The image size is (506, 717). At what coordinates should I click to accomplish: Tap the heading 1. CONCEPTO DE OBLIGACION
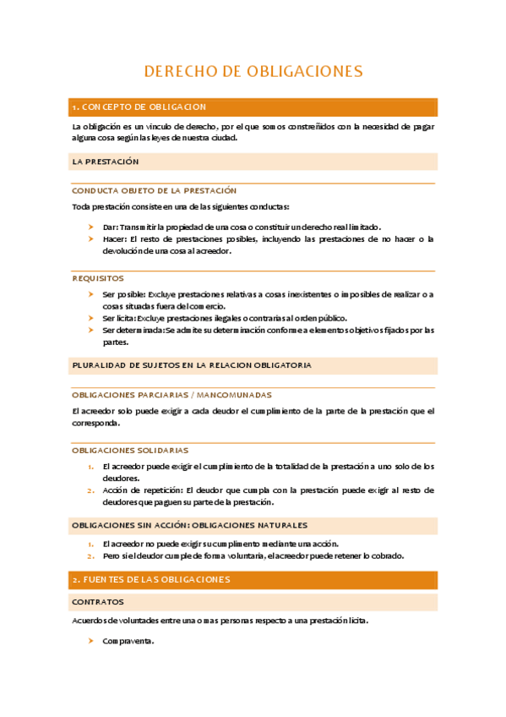(x=139, y=107)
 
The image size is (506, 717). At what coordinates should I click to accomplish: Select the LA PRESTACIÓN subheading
(x=106, y=161)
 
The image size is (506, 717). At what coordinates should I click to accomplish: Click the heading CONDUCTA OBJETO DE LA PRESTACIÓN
(x=154, y=191)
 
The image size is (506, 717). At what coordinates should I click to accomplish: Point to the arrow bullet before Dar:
(x=90, y=227)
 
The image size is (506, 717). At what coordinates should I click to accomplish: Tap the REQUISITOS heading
(x=98, y=277)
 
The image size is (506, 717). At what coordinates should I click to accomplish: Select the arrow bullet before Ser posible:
(x=90, y=294)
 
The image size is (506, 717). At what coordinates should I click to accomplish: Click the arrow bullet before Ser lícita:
(x=90, y=318)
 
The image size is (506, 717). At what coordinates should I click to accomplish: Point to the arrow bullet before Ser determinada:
(x=90, y=331)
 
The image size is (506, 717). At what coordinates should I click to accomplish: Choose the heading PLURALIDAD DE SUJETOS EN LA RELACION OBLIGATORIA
(x=193, y=365)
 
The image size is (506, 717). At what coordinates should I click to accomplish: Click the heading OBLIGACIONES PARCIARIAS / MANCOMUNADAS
(x=172, y=395)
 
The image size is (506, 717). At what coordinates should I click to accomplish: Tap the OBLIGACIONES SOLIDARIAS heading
(x=130, y=451)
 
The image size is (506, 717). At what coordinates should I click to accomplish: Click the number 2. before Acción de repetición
(x=90, y=490)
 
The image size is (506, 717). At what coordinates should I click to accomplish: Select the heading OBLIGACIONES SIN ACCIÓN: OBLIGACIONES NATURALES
(x=190, y=525)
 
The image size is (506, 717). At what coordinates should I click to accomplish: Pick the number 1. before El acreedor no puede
(x=90, y=544)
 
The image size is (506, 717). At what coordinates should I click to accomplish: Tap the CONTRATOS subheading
(x=98, y=602)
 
